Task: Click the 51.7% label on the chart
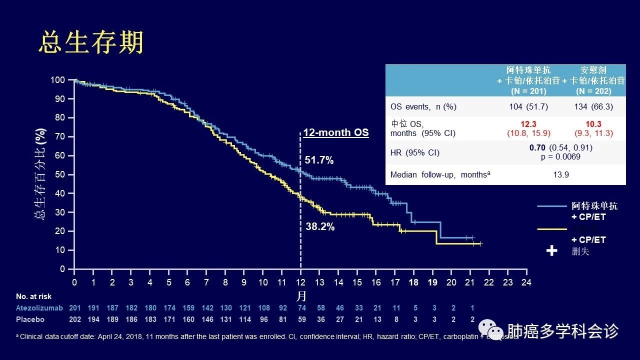click(x=319, y=160)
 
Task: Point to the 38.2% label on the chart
click(x=320, y=226)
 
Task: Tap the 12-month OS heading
click(x=336, y=132)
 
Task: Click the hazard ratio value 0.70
click(x=538, y=148)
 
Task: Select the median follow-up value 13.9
click(x=560, y=174)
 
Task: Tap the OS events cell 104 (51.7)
click(x=529, y=106)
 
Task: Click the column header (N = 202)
click(x=593, y=91)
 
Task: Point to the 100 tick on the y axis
click(x=58, y=80)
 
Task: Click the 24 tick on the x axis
click(x=526, y=282)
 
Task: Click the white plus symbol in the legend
click(x=551, y=250)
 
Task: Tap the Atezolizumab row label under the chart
click(x=39, y=308)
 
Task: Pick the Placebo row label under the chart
click(x=30, y=319)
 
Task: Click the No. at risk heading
click(x=33, y=296)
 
